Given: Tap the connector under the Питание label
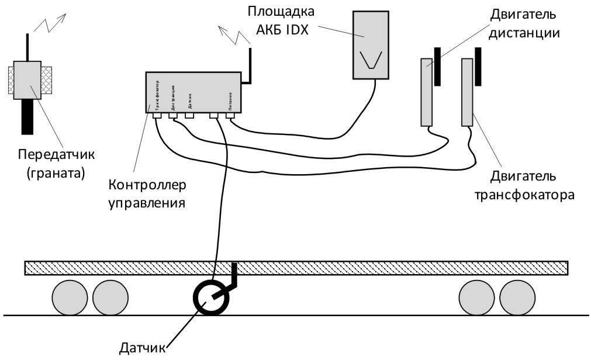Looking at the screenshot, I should pos(230,116).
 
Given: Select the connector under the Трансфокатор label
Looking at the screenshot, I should pos(157,116).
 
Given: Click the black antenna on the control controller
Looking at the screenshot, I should pos(250,64).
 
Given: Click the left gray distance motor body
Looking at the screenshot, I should pos(427,92).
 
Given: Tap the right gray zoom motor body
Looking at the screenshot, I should pos(466,92).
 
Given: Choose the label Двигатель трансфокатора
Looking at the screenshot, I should pos(524,185).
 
